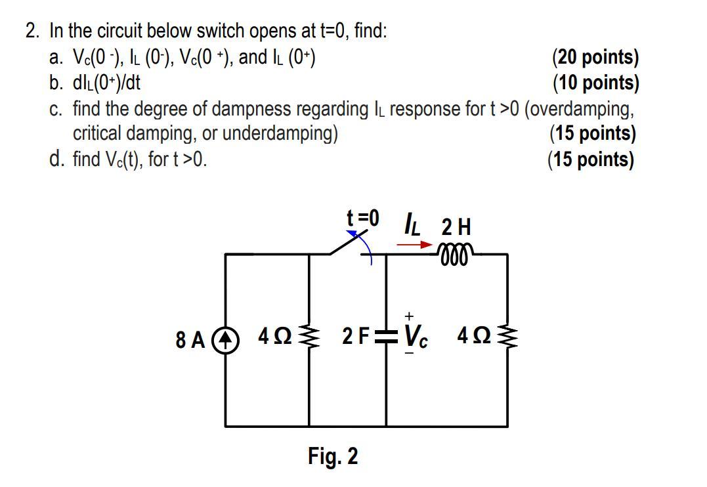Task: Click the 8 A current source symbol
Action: pos(225,339)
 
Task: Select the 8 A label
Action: pos(190,340)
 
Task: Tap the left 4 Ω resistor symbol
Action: pos(309,339)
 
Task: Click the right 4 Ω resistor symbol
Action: pos(507,339)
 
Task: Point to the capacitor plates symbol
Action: pos(386,338)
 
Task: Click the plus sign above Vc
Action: pos(408,317)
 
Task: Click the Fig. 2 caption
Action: pos(333,456)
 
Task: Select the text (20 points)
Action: pos(595,57)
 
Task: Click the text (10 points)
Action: pos(595,83)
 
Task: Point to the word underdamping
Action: pos(280,134)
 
